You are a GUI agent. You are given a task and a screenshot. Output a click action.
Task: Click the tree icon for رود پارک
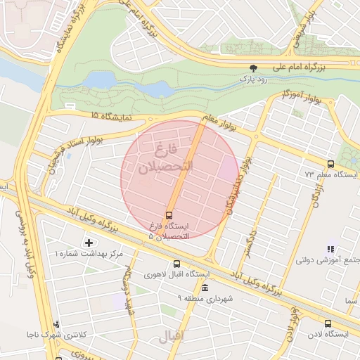click(x=254, y=68)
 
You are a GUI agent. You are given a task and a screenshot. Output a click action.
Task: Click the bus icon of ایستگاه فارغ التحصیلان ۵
click(x=169, y=215)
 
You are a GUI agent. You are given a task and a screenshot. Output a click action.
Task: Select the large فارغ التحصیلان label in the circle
click(x=166, y=158)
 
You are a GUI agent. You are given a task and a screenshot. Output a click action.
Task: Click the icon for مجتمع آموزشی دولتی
click(x=330, y=249)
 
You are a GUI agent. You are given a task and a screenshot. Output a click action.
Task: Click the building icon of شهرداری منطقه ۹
click(x=205, y=288)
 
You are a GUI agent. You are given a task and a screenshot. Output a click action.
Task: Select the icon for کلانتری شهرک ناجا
click(x=57, y=324)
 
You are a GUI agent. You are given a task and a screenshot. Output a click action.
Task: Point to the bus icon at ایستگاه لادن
click(x=328, y=324)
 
